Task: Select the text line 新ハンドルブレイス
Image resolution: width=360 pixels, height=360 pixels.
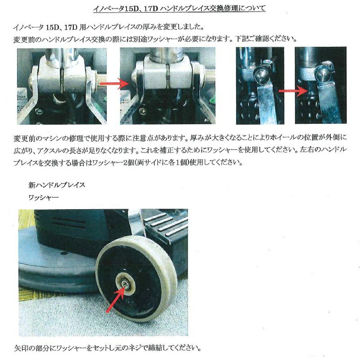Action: click(x=56, y=185)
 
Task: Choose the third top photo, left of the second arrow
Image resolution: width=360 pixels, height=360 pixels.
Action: click(x=260, y=85)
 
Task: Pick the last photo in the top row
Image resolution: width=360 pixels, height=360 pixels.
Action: click(x=320, y=85)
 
